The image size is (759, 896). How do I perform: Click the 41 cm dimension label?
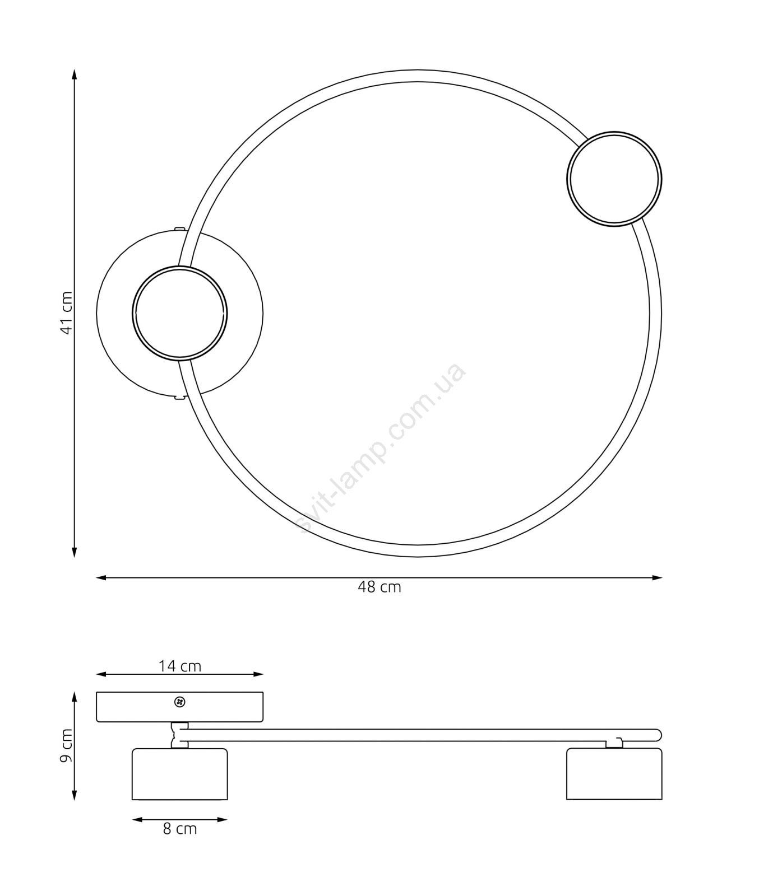[x=67, y=313]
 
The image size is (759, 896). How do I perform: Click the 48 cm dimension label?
[x=379, y=587]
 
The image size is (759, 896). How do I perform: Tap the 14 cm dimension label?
[x=179, y=666]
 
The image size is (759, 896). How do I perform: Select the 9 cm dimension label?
[x=67, y=745]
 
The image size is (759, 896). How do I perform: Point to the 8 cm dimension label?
[x=180, y=829]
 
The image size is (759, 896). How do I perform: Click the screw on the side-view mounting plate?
[x=180, y=702]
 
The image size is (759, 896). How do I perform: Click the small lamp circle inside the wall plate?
[x=180, y=267]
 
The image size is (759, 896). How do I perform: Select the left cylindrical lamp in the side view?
[x=180, y=774]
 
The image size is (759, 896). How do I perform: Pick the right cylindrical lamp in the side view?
[x=614, y=774]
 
